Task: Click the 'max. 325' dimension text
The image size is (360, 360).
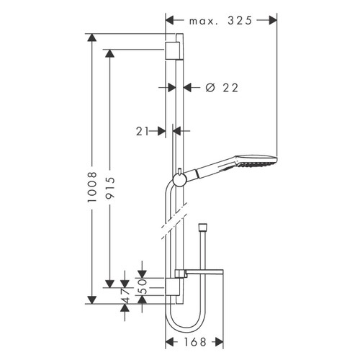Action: tap(221, 21)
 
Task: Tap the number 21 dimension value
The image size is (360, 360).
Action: tap(141, 131)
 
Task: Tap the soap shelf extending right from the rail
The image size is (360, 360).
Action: tap(204, 274)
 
